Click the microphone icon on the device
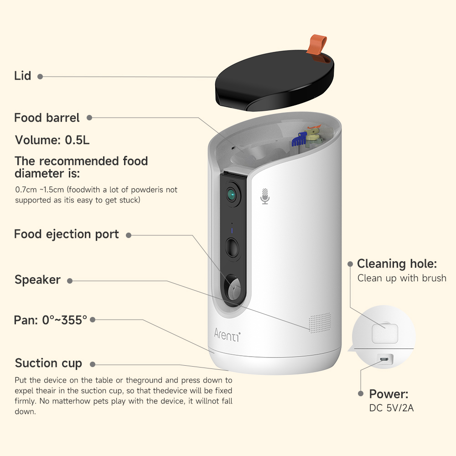tap(265, 196)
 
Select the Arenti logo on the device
tap(227, 333)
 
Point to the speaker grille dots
tap(319, 322)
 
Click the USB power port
tap(384, 360)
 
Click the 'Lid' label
tap(23, 76)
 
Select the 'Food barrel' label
tap(47, 118)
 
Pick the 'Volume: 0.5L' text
tap(52, 140)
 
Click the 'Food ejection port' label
tap(67, 234)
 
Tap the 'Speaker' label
tap(37, 280)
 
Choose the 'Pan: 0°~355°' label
tap(50, 320)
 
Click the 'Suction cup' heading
tap(48, 363)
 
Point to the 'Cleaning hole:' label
tap(397, 264)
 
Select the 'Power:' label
tap(389, 394)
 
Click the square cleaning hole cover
tap(385, 333)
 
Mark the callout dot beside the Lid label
tap(40, 77)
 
